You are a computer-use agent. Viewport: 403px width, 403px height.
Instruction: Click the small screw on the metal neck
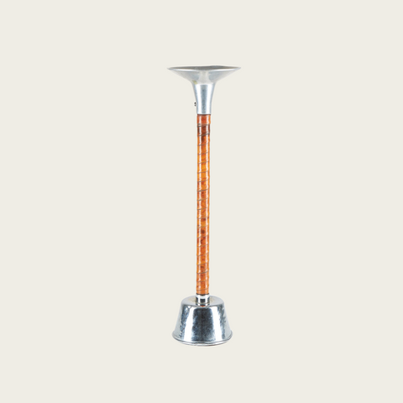point(196,105)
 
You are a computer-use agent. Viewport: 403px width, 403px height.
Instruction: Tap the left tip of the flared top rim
point(170,70)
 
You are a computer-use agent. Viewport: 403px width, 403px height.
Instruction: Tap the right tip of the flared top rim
point(238,70)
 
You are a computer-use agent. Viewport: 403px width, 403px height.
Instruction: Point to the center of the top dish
point(204,70)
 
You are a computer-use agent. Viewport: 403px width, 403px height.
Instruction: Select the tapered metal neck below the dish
point(204,97)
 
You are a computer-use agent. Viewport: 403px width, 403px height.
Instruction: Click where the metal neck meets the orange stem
point(204,115)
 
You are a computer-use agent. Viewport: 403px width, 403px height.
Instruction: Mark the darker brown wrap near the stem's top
point(204,126)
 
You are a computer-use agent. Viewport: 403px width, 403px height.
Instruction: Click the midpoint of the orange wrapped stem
point(204,204)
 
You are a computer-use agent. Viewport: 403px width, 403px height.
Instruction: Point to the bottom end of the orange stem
point(204,291)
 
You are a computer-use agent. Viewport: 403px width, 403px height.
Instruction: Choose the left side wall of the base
point(180,321)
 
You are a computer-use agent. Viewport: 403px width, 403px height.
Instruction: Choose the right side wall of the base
point(228,321)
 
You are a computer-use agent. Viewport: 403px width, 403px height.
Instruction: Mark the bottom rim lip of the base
point(204,341)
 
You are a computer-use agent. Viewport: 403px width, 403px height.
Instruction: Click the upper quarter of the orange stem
point(204,160)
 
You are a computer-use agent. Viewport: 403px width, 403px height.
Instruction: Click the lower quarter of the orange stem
point(204,249)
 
